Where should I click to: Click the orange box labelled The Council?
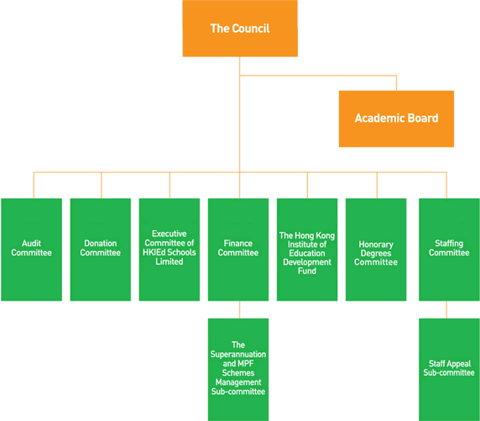(240, 29)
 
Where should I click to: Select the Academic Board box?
(396, 118)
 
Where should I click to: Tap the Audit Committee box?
(32, 250)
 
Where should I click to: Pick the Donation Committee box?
(101, 250)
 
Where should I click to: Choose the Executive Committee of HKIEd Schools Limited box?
(170, 250)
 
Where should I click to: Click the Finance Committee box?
(238, 250)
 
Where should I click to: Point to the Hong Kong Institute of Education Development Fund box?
(307, 250)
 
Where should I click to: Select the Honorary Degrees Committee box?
(376, 250)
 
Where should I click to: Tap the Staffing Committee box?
(449, 250)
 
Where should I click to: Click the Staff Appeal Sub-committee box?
(449, 370)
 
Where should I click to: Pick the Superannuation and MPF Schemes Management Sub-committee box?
(238, 370)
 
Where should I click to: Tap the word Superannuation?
(238, 354)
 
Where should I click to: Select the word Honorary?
(376, 245)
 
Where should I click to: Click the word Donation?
(101, 243)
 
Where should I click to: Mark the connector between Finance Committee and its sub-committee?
(240, 310)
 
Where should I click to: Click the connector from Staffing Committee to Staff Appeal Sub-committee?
(446, 310)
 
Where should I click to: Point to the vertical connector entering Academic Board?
(396, 83)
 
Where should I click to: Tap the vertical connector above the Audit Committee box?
(34, 185)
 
